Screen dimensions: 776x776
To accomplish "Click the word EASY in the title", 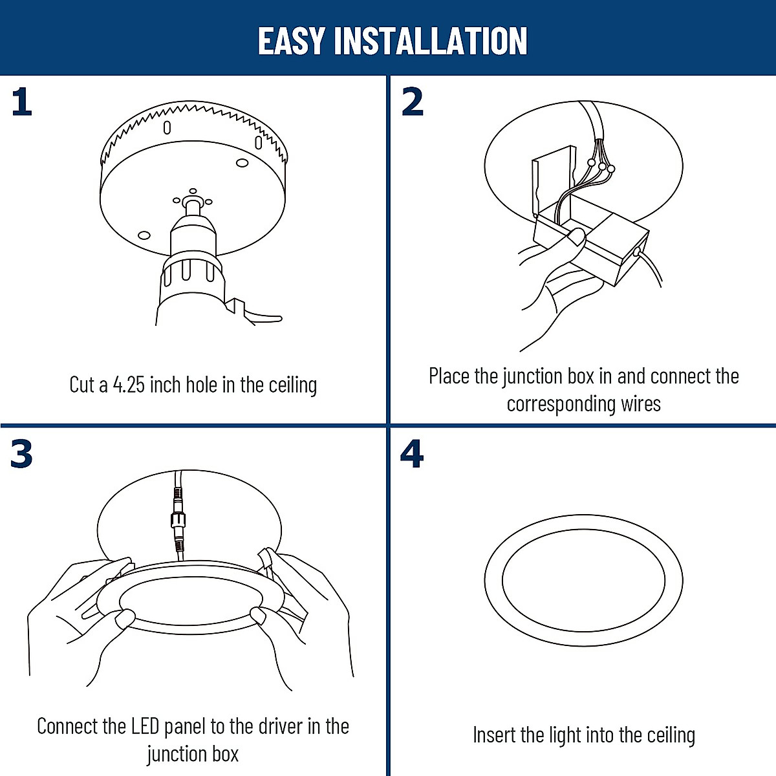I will click(291, 41).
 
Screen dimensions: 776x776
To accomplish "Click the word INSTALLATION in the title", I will click(431, 41).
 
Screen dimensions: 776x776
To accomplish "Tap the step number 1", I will click(21, 103).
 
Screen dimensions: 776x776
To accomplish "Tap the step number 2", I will click(413, 103).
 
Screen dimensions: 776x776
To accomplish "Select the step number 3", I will click(21, 454).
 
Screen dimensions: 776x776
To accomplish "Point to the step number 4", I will click(412, 454).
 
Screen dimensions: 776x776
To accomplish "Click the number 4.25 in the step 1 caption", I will click(129, 385).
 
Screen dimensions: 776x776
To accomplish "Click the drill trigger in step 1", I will click(255, 314).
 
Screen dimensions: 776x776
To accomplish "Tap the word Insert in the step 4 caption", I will click(494, 735).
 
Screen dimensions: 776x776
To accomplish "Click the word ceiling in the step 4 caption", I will click(671, 735).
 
